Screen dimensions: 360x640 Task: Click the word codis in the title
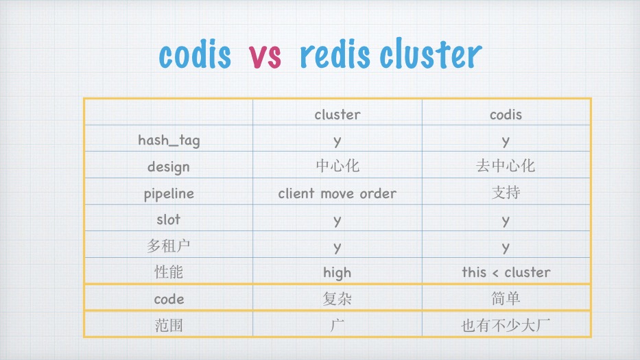tap(195, 55)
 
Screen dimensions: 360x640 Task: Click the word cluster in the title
tap(430, 55)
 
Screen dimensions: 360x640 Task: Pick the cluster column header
tap(337, 115)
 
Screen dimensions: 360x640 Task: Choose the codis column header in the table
tap(506, 115)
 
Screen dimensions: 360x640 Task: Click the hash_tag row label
tap(169, 141)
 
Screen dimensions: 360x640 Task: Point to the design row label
tap(169, 167)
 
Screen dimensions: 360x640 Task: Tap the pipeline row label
tap(169, 193)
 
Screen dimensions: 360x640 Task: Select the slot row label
tap(169, 219)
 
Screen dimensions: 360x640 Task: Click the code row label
tap(169, 299)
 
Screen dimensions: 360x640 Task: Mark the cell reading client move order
tap(337, 193)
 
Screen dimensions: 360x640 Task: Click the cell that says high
tap(337, 272)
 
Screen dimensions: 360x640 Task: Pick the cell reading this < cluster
tap(506, 272)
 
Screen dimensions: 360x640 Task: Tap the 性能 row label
tap(169, 272)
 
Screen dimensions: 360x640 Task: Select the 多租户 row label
tap(169, 246)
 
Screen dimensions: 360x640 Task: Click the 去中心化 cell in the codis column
tap(506, 167)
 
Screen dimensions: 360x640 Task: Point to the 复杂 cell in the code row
tap(337, 299)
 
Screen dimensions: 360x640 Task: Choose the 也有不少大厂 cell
tap(506, 326)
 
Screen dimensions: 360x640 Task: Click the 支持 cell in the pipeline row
tap(506, 193)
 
